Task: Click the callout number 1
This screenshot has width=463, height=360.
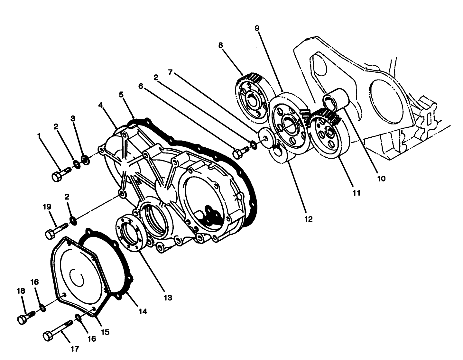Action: pyautogui.click(x=39, y=136)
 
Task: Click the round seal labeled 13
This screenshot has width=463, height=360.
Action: pyautogui.click(x=130, y=233)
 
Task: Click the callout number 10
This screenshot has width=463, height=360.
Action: pyautogui.click(x=381, y=178)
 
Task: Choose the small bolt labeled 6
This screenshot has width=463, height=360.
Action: pyautogui.click(x=240, y=152)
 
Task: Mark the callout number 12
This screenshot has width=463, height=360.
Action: pyautogui.click(x=308, y=219)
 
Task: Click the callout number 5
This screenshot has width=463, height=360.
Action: pyautogui.click(x=121, y=94)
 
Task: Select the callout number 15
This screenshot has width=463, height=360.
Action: pyautogui.click(x=105, y=332)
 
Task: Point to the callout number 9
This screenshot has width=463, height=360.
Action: pyautogui.click(x=257, y=28)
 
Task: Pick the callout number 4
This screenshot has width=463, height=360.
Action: pyautogui.click(x=100, y=105)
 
